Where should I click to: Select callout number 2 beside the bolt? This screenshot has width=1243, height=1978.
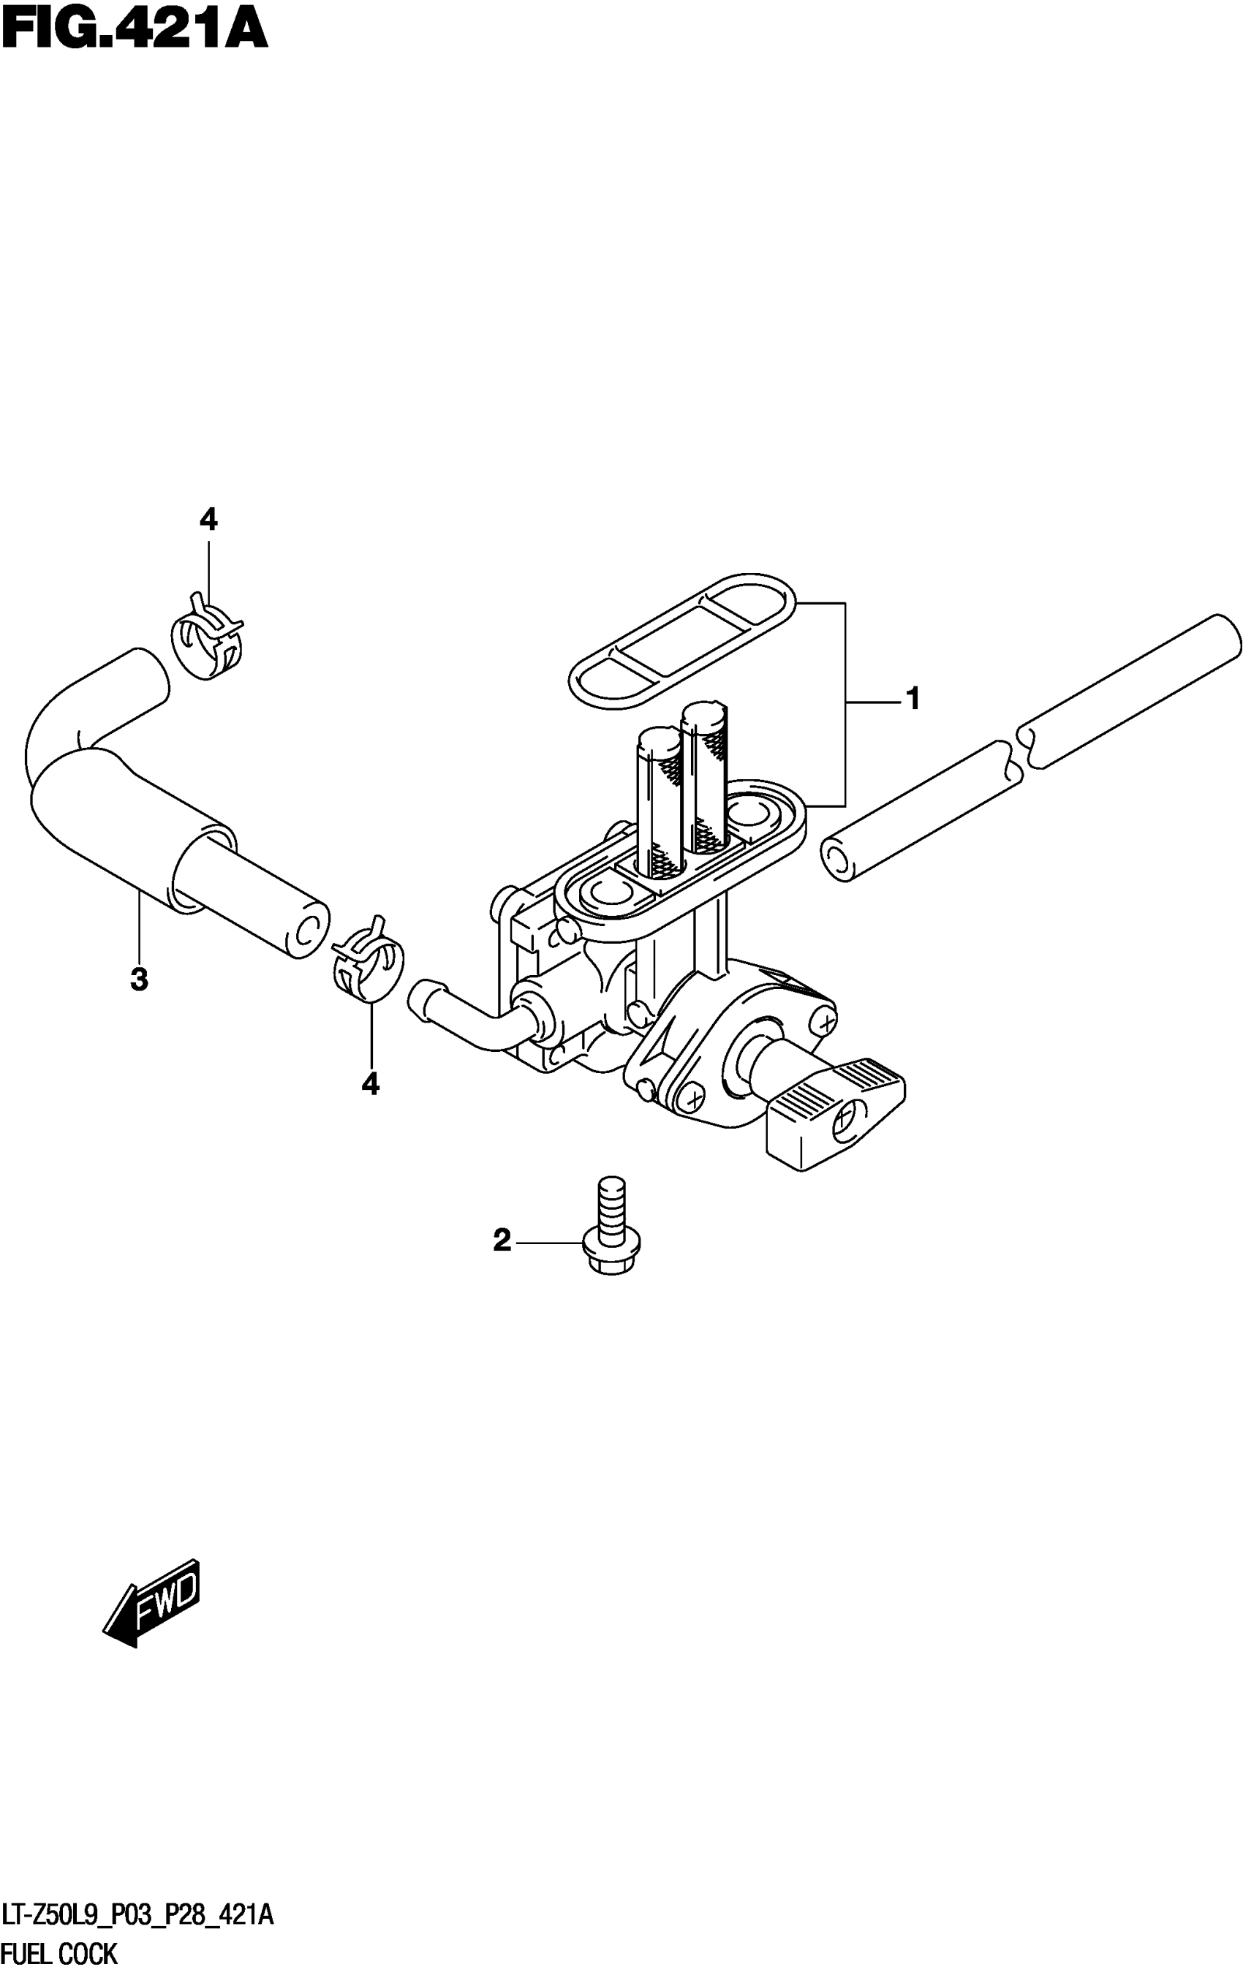click(502, 1240)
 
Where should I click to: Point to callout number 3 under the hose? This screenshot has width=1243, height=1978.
click(140, 979)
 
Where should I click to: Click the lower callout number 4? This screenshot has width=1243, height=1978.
click(371, 1084)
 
